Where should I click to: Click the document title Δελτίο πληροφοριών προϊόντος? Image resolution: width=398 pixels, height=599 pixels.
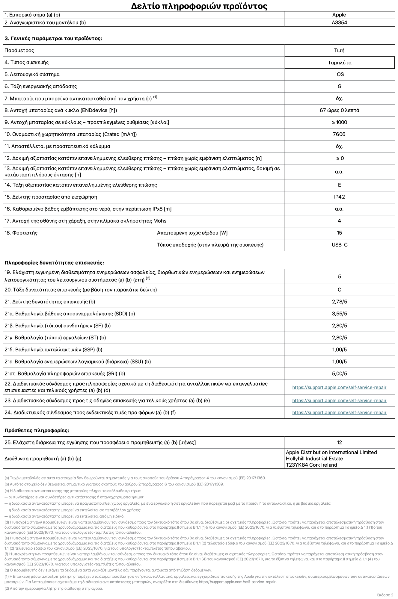[199, 6]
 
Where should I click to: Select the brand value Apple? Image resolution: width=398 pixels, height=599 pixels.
[339, 15]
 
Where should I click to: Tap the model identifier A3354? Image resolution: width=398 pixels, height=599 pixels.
[339, 23]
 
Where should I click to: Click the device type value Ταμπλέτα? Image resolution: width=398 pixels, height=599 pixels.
[340, 63]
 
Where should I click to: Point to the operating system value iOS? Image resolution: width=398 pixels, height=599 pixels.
[339, 75]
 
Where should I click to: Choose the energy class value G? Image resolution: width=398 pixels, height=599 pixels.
[339, 87]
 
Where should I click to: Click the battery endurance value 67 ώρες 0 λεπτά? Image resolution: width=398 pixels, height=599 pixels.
[339, 111]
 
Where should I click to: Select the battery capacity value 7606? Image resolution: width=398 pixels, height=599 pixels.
[339, 134]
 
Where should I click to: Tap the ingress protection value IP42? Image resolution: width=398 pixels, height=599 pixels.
[339, 197]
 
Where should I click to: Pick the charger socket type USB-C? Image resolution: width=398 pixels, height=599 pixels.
[339, 245]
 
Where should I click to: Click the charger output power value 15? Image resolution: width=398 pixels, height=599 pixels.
[339, 233]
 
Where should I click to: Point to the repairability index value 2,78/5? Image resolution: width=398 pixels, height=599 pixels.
[339, 302]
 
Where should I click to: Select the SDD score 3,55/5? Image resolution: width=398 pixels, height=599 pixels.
[339, 314]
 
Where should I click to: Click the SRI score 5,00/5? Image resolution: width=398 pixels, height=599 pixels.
[339, 374]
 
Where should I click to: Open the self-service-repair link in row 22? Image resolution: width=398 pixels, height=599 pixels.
[339, 388]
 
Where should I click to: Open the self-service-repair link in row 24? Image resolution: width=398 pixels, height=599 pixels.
[339, 413]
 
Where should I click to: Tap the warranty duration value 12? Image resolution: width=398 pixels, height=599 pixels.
[339, 443]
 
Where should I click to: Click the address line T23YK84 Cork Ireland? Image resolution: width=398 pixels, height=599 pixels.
[311, 465]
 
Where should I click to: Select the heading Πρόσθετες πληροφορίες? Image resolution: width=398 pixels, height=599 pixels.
[37, 431]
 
